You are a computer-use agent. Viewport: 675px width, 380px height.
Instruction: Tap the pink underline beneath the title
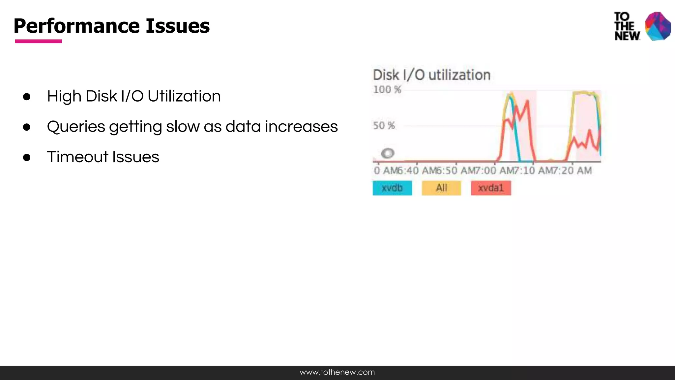click(x=38, y=41)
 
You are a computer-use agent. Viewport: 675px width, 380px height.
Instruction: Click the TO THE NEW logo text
click(x=627, y=26)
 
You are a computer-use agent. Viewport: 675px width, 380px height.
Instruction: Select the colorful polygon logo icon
click(x=658, y=26)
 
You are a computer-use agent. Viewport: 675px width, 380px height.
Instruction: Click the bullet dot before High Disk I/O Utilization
click(x=27, y=97)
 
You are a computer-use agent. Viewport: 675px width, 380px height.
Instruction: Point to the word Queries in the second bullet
click(x=76, y=127)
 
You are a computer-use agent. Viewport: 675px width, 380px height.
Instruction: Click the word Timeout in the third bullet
click(x=77, y=157)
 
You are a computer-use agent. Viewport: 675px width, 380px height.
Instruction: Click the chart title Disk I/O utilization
click(x=431, y=75)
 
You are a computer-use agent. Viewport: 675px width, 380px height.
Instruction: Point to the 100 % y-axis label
click(x=387, y=90)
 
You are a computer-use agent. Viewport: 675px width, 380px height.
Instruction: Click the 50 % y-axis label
click(x=384, y=126)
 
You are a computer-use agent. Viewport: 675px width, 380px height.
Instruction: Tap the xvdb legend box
click(x=392, y=188)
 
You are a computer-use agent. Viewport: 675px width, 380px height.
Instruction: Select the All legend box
click(x=441, y=188)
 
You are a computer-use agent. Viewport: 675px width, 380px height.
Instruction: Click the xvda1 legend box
click(x=491, y=188)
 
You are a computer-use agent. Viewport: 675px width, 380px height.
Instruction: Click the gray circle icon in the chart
click(x=387, y=153)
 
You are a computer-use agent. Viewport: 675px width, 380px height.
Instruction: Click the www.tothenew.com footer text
click(x=337, y=372)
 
